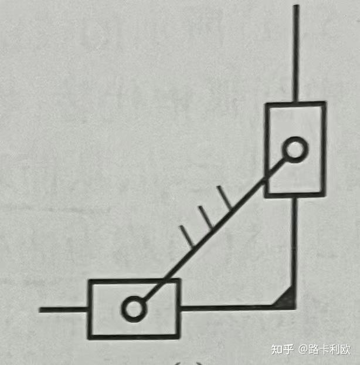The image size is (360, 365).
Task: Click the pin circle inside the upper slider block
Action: (x=294, y=150)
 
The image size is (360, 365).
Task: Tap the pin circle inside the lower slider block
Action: (x=134, y=308)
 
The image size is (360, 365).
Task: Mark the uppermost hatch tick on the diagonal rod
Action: (x=222, y=197)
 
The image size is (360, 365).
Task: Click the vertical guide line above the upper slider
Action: (x=296, y=53)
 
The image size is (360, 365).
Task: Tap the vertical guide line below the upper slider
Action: (x=294, y=246)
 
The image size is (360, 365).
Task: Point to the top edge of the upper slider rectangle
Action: (x=295, y=104)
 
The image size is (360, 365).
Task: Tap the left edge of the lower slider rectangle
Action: (x=89, y=309)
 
